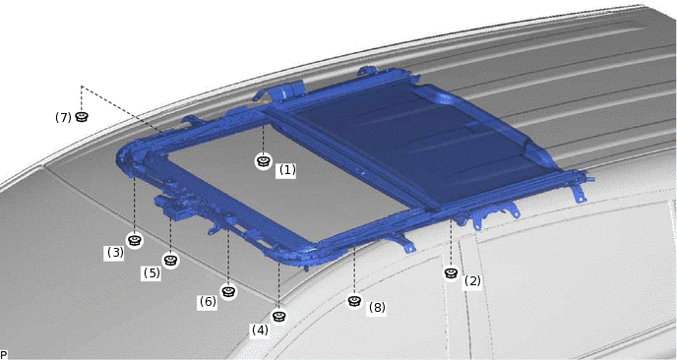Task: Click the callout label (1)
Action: [x=287, y=170]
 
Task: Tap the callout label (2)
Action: [x=472, y=281]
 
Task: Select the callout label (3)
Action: [x=115, y=252]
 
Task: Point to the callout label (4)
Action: [x=260, y=330]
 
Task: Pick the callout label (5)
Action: [x=152, y=272]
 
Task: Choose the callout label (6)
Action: [x=208, y=301]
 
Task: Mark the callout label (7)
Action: [x=63, y=117]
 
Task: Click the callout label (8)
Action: [x=377, y=307]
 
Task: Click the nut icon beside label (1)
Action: [x=263, y=161]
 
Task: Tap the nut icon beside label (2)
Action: [x=452, y=273]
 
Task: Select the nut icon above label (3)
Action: [x=135, y=240]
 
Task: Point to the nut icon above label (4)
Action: [x=279, y=317]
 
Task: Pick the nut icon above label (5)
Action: [x=170, y=261]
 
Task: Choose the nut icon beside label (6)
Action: [x=228, y=291]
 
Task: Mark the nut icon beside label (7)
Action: [x=81, y=116]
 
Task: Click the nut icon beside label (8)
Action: [x=354, y=301]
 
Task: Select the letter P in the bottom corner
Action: [x=4, y=355]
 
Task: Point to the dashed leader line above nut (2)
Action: [x=452, y=243]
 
